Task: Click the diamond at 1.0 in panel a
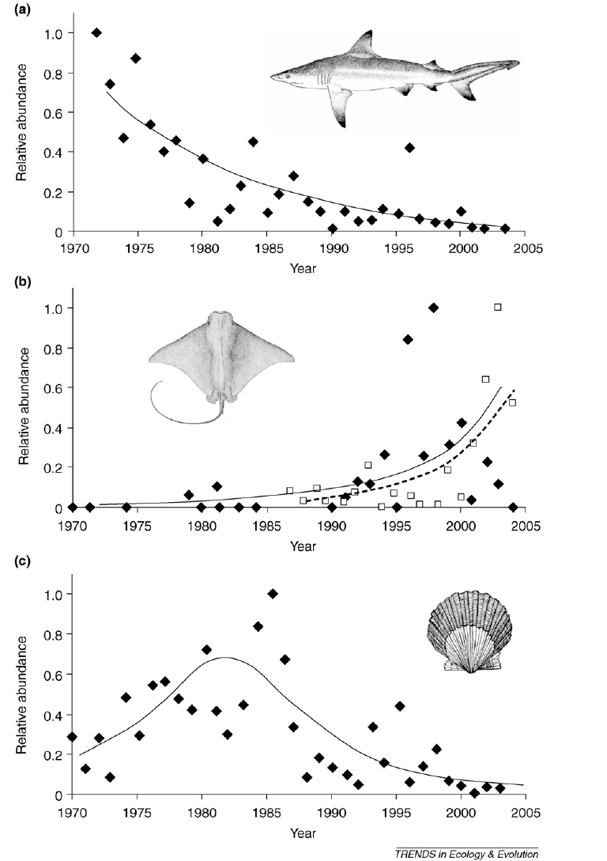tap(96, 32)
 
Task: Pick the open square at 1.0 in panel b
tap(497, 307)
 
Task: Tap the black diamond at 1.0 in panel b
tap(433, 308)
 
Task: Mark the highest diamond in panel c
tap(273, 594)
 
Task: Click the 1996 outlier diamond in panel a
tap(409, 148)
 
